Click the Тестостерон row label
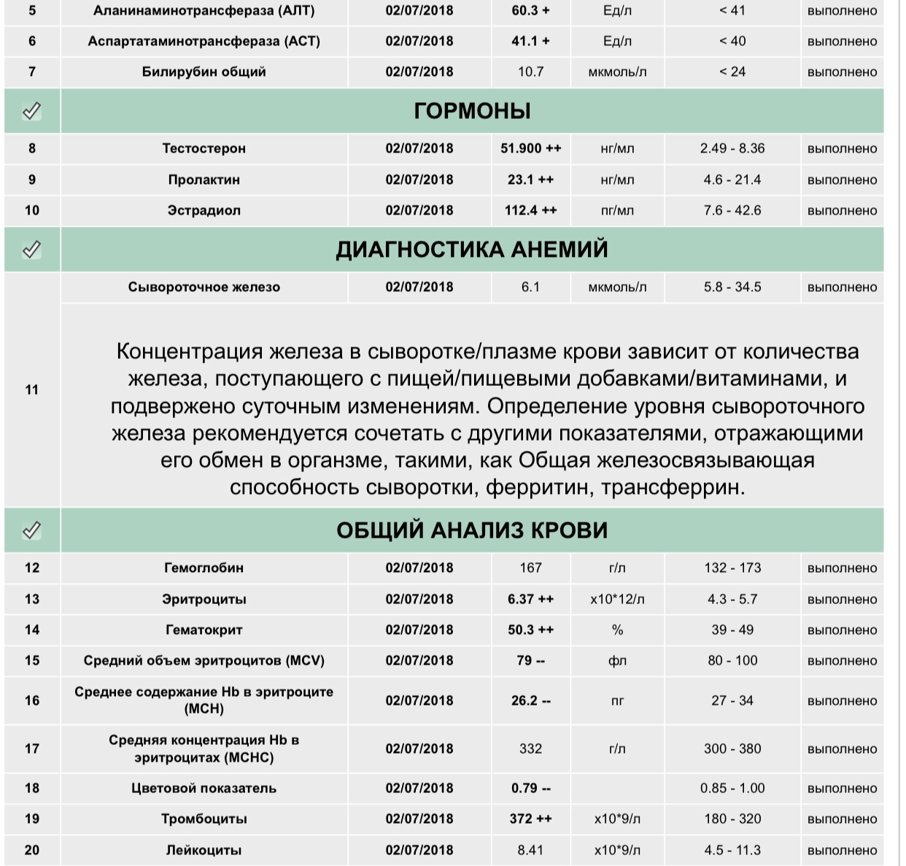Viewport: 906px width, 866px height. point(204,149)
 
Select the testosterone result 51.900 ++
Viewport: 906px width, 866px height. point(531,149)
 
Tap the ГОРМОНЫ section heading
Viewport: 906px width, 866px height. point(472,111)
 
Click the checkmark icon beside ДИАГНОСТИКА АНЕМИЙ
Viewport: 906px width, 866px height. point(31,250)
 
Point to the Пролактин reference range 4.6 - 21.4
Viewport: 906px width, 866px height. point(732,179)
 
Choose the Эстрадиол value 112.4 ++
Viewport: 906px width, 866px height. point(531,211)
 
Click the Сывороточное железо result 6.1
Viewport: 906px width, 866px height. point(530,287)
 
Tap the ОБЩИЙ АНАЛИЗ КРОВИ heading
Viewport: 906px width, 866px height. point(472,530)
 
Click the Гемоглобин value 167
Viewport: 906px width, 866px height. point(530,568)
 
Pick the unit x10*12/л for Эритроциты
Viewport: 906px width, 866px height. point(617,600)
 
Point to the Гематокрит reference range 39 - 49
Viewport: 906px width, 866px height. point(732,630)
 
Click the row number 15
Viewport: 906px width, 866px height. point(32,661)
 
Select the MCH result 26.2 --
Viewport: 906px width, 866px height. point(531,701)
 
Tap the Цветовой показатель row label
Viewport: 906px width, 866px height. point(204,789)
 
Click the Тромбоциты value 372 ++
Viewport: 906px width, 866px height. point(531,819)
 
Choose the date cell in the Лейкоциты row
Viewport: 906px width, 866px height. point(419,851)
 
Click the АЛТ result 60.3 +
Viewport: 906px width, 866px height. point(531,11)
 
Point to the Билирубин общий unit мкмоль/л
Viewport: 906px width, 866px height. point(617,72)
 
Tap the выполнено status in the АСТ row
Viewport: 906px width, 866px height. point(842,42)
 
